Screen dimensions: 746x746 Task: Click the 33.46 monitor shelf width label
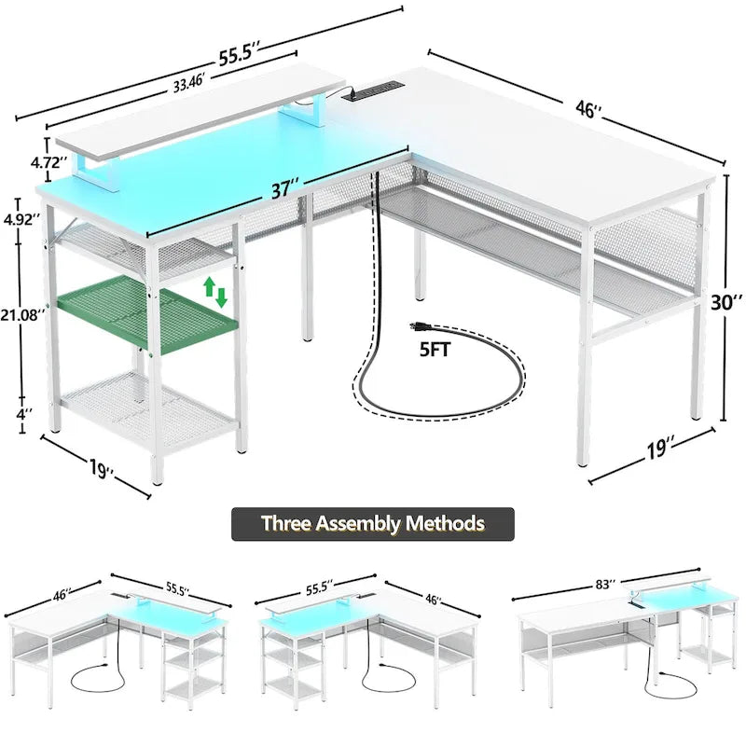pyautogui.click(x=188, y=84)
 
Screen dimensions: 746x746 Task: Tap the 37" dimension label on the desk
pyautogui.click(x=286, y=189)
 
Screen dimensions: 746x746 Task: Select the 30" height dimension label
pyautogui.click(x=726, y=301)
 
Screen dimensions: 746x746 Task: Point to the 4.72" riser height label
pyautogui.click(x=48, y=162)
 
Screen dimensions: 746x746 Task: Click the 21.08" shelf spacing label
pyautogui.click(x=22, y=314)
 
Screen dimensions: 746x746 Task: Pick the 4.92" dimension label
pyautogui.click(x=21, y=219)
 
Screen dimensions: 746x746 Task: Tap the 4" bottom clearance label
pyautogui.click(x=24, y=414)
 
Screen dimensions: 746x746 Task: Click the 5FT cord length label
pyautogui.click(x=435, y=351)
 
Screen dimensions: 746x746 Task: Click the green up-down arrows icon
pyautogui.click(x=215, y=292)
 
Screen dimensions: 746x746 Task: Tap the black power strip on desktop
pyautogui.click(x=374, y=90)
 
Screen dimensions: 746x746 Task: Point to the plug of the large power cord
pyautogui.click(x=420, y=326)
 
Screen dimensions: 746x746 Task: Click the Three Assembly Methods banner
pyautogui.click(x=372, y=524)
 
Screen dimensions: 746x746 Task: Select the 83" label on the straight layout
pyautogui.click(x=606, y=584)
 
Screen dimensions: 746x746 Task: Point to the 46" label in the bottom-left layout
pyautogui.click(x=62, y=594)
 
